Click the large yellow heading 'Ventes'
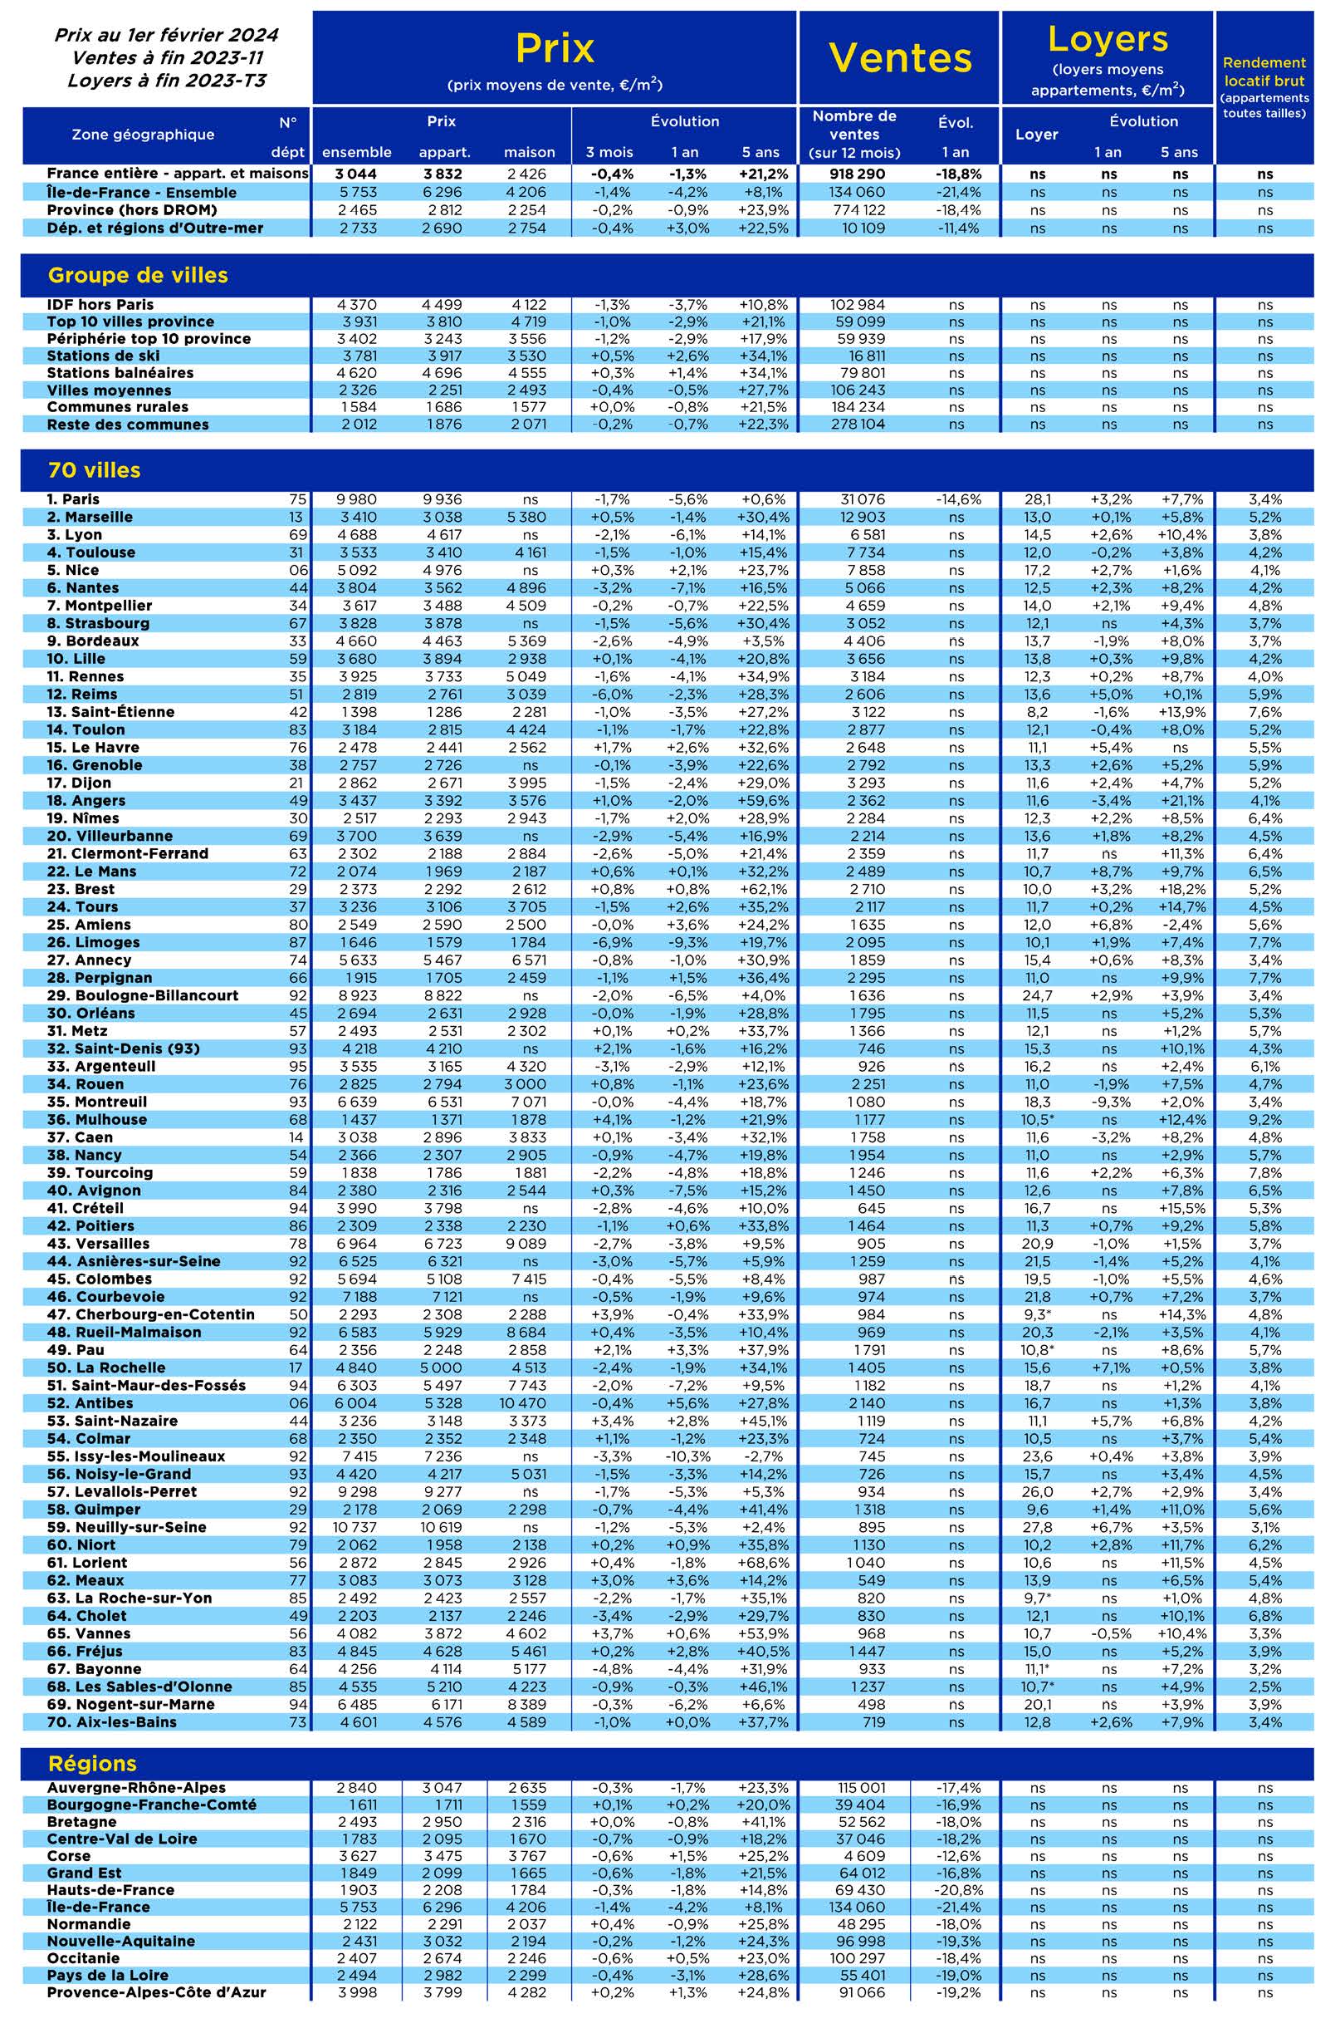[x=900, y=58]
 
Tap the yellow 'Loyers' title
[x=1108, y=39]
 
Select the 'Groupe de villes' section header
[x=138, y=275]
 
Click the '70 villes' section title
[x=94, y=470]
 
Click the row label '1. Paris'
[x=74, y=499]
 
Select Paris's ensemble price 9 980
[x=356, y=499]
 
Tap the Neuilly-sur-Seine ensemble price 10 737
[x=356, y=1527]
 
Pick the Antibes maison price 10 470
[x=528, y=1403]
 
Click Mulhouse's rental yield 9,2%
[x=1264, y=1119]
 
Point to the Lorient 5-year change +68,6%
[x=763, y=1562]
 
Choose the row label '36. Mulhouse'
[x=96, y=1119]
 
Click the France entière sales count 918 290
[x=855, y=174]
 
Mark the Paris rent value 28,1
[x=1037, y=499]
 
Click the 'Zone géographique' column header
[x=143, y=135]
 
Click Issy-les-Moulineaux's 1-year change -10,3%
[x=688, y=1456]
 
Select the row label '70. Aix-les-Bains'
[x=111, y=1722]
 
